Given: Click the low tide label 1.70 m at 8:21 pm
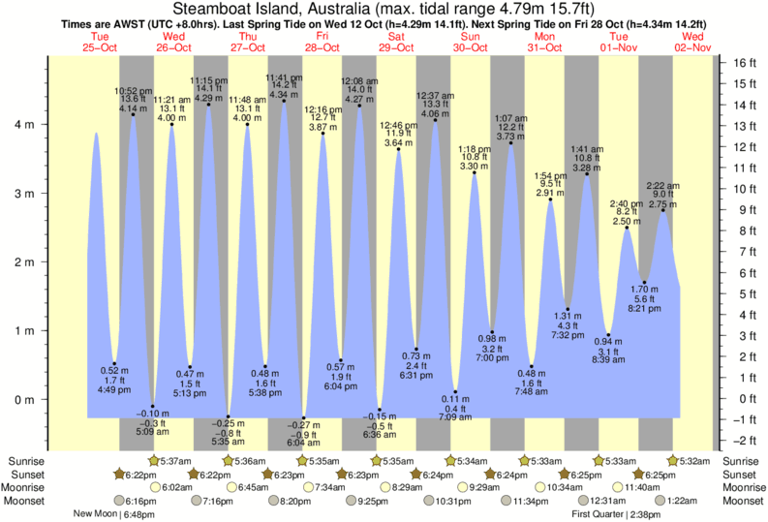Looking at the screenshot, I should point(644,299).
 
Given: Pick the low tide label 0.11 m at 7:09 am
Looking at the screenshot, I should point(455,409).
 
